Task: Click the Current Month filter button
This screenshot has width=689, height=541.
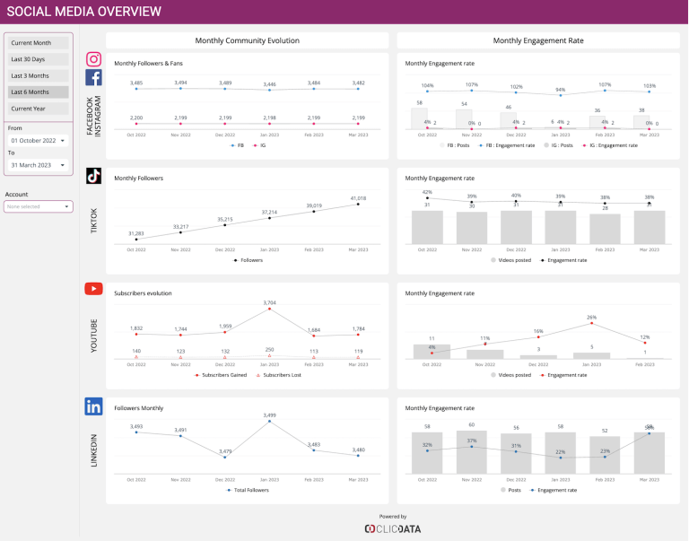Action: [x=38, y=42]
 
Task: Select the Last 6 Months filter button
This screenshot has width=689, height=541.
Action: [x=38, y=92]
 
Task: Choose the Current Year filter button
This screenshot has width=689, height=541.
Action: [x=38, y=109]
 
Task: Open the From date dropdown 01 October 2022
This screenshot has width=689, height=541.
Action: [x=38, y=141]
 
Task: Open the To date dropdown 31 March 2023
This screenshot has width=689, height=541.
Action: [x=38, y=165]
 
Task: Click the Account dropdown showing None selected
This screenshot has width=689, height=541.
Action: [x=38, y=206]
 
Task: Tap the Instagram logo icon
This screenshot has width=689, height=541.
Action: [x=93, y=59]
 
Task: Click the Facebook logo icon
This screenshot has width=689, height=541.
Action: [x=93, y=77]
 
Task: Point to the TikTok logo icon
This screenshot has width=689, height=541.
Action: [x=93, y=176]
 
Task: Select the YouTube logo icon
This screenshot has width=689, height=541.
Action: [x=93, y=289]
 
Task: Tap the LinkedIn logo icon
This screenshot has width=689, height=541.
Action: [x=93, y=406]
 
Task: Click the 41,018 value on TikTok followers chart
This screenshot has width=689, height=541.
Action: [x=358, y=197]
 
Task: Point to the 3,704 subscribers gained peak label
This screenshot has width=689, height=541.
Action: [x=270, y=302]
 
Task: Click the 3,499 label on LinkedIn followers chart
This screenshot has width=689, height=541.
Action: [x=270, y=414]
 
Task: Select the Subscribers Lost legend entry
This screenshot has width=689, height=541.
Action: [x=278, y=375]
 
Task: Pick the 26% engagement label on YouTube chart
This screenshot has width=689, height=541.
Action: [x=591, y=317]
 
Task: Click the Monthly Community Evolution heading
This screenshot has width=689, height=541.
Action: [x=247, y=40]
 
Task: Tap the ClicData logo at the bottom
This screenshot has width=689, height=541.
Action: [x=392, y=528]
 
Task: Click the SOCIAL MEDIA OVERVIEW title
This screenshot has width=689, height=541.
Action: [x=84, y=12]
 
